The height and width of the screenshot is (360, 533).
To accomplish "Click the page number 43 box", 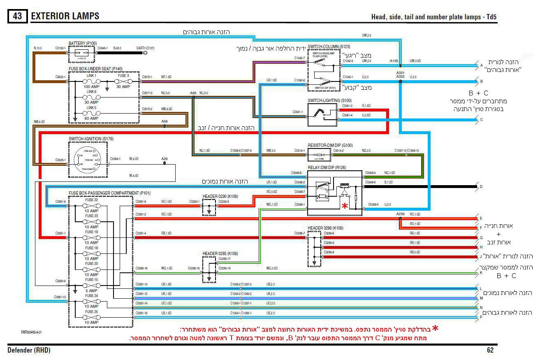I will point(17,16).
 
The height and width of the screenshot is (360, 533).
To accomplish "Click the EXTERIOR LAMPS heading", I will point(65,16).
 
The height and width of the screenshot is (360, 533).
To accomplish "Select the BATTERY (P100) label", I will point(83,43).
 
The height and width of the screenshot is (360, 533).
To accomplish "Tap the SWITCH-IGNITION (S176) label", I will point(91,139).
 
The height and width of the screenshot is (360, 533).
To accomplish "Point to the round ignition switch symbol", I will point(87,160).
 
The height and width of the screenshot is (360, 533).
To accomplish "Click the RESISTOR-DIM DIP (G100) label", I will point(330,145).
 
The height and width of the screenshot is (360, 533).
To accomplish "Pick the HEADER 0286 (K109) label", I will point(325,228).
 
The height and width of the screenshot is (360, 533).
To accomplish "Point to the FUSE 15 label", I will point(91,280).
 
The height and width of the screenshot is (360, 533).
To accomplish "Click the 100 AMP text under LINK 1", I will point(92,87).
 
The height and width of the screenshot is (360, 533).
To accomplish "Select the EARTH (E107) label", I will point(145,48).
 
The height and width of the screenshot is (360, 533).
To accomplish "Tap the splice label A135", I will point(394,61).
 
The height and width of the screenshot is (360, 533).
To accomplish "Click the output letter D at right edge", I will point(481,187).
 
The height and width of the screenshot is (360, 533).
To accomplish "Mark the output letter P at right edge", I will point(481,317).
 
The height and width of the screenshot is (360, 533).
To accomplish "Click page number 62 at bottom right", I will point(490,350).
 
